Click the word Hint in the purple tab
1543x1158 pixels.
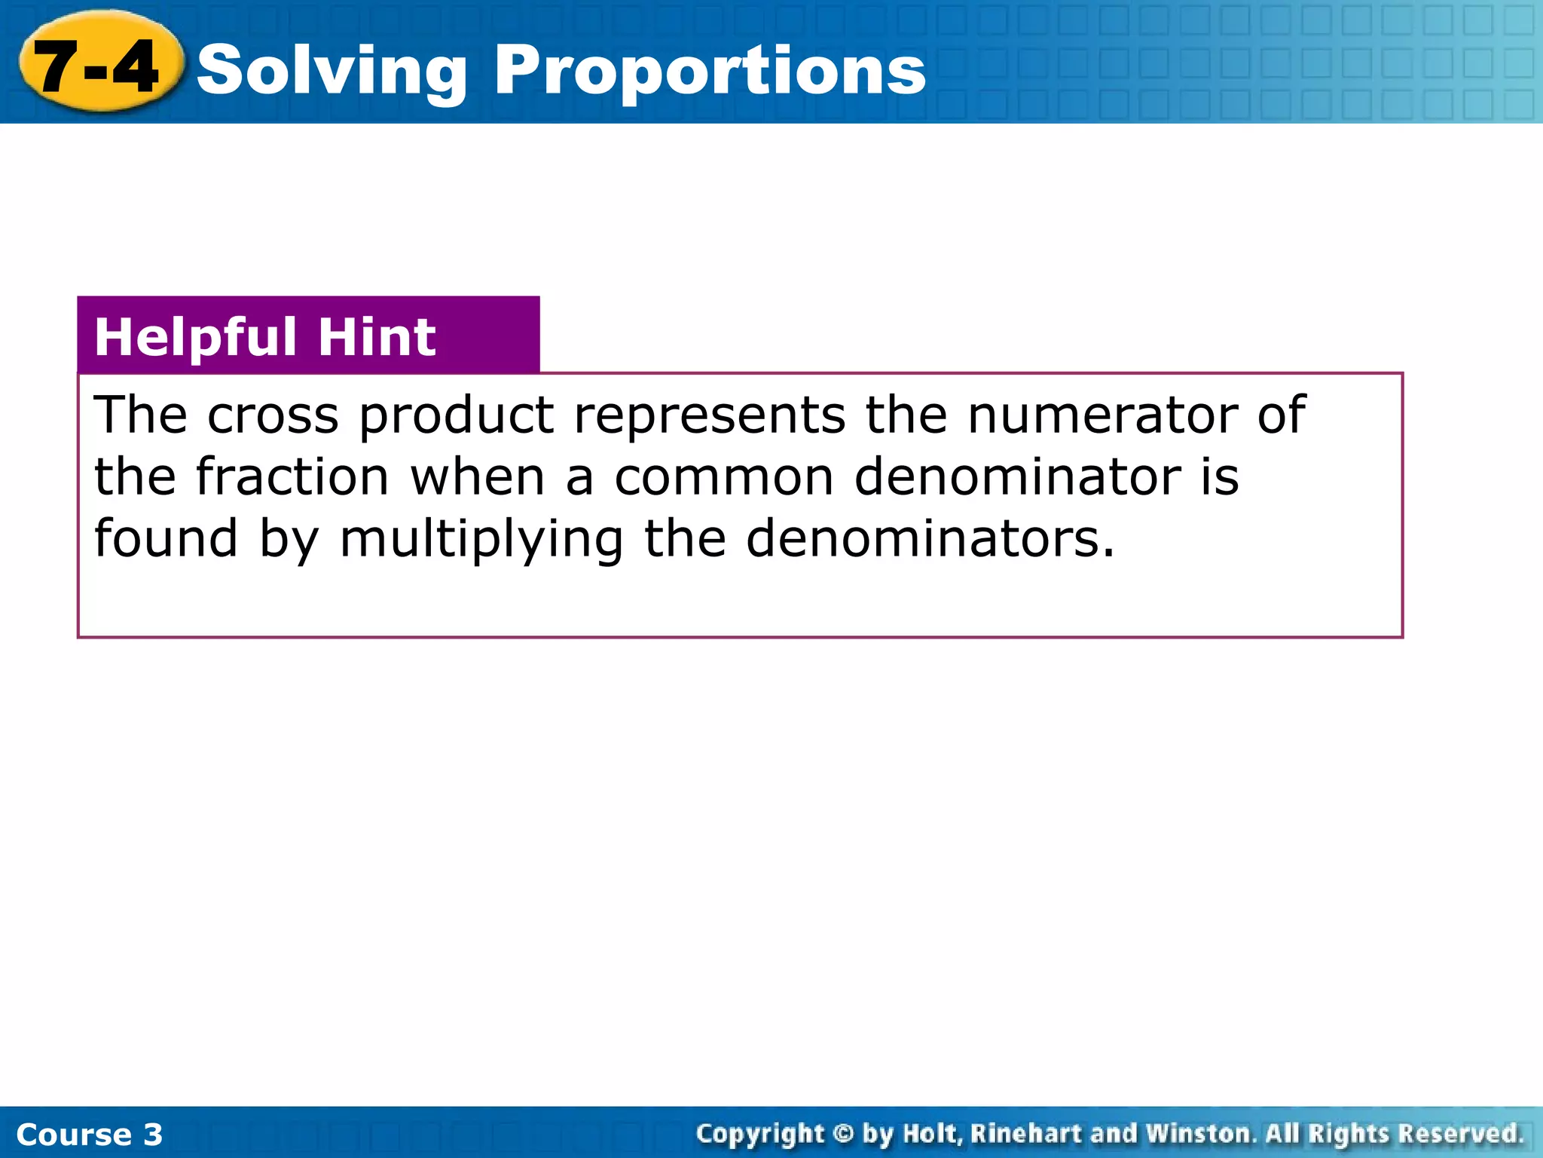click(377, 337)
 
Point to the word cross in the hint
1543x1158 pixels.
click(273, 416)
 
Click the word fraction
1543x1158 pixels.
click(292, 478)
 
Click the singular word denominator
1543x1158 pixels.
click(1018, 478)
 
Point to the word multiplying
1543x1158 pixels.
click(481, 540)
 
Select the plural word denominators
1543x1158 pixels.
click(930, 540)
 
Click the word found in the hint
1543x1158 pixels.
click(166, 540)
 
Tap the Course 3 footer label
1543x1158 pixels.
click(89, 1135)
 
